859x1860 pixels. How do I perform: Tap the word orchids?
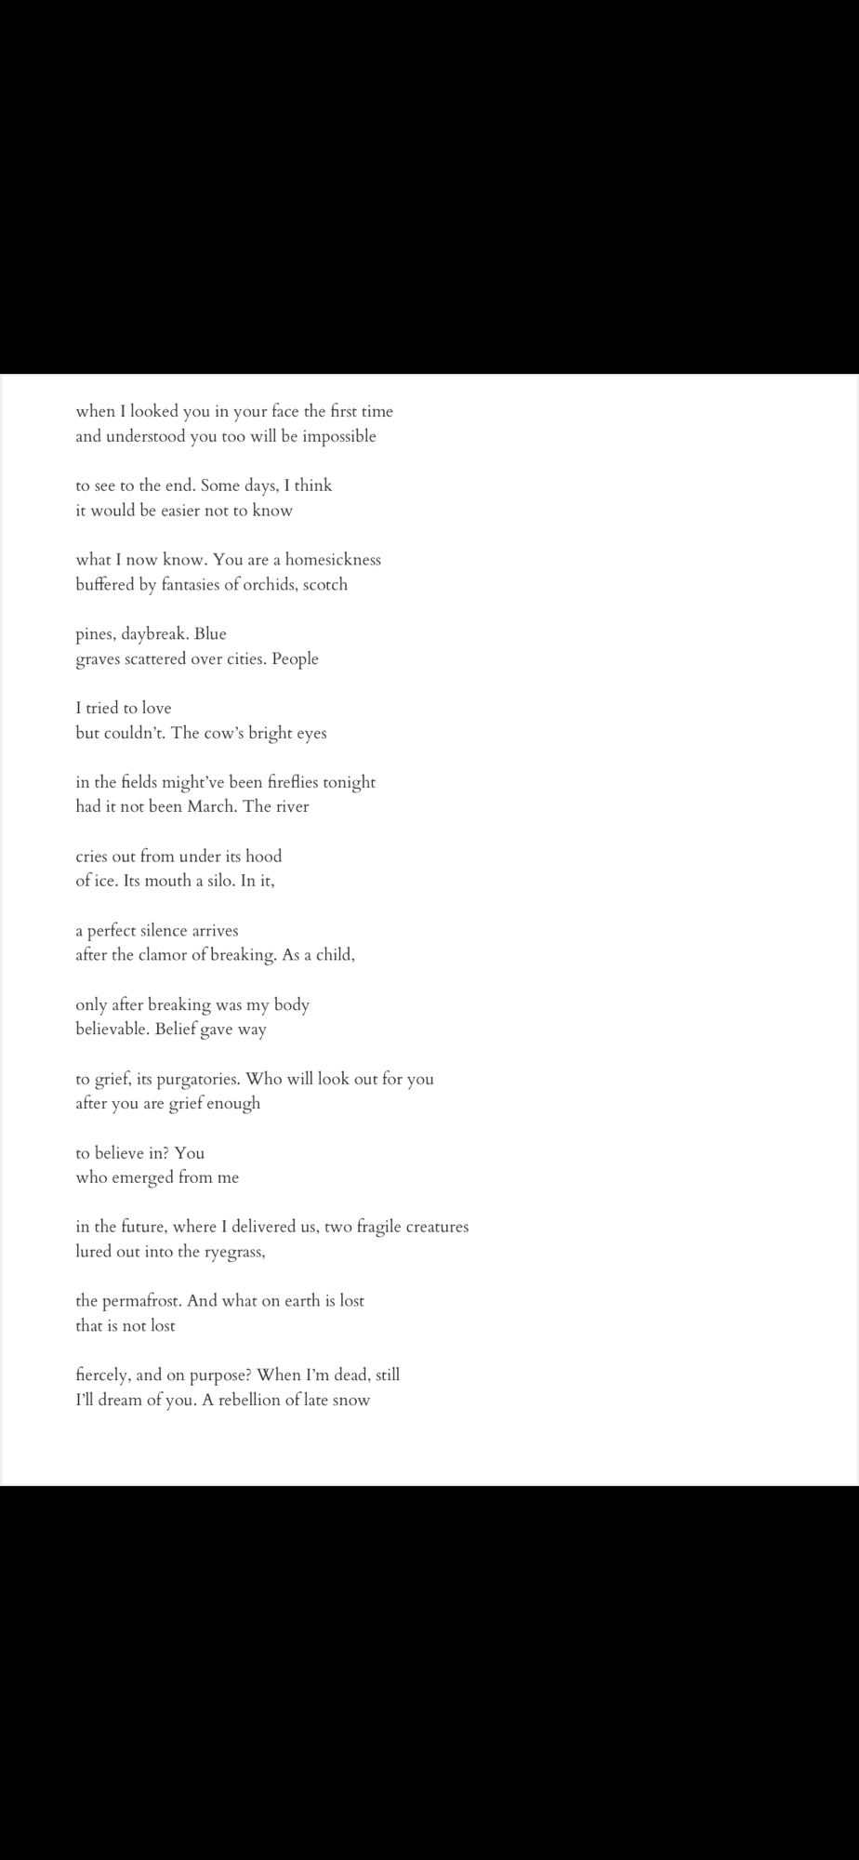click(x=270, y=585)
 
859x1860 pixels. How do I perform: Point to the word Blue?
click(x=210, y=634)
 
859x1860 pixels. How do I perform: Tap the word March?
click(x=211, y=807)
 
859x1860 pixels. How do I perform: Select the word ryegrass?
click(x=234, y=1252)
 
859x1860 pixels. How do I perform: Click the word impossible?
click(x=337, y=437)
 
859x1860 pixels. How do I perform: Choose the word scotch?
click(x=325, y=585)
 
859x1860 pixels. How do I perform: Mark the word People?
click(x=295, y=659)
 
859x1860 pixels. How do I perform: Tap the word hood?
click(x=263, y=857)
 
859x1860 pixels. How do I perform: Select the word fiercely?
click(x=103, y=1375)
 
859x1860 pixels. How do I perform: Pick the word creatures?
click(x=437, y=1228)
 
